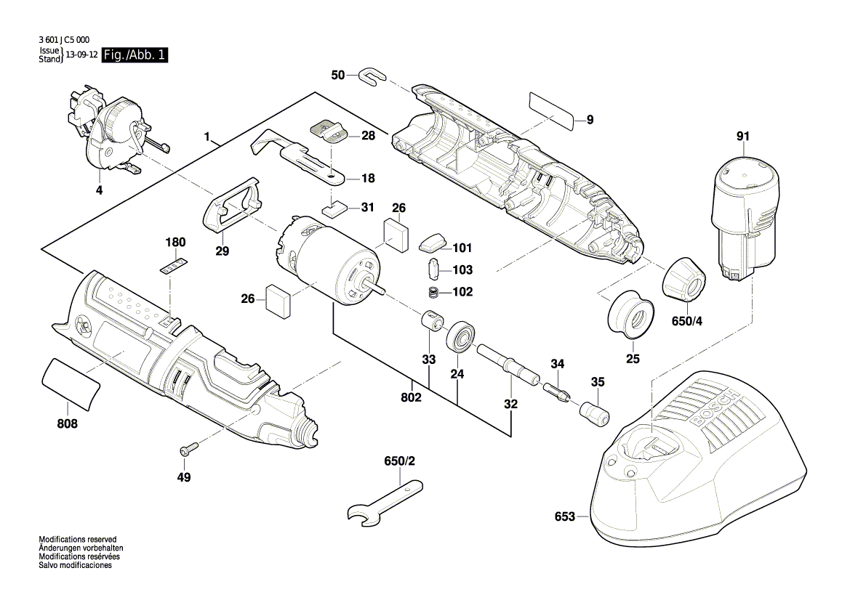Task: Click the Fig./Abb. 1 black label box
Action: pyautogui.click(x=135, y=55)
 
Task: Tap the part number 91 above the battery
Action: pyautogui.click(x=742, y=136)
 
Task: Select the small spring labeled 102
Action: pyautogui.click(x=435, y=292)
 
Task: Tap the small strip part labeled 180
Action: pyautogui.click(x=173, y=264)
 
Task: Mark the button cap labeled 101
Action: pyautogui.click(x=435, y=242)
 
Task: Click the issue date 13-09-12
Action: pyautogui.click(x=82, y=55)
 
